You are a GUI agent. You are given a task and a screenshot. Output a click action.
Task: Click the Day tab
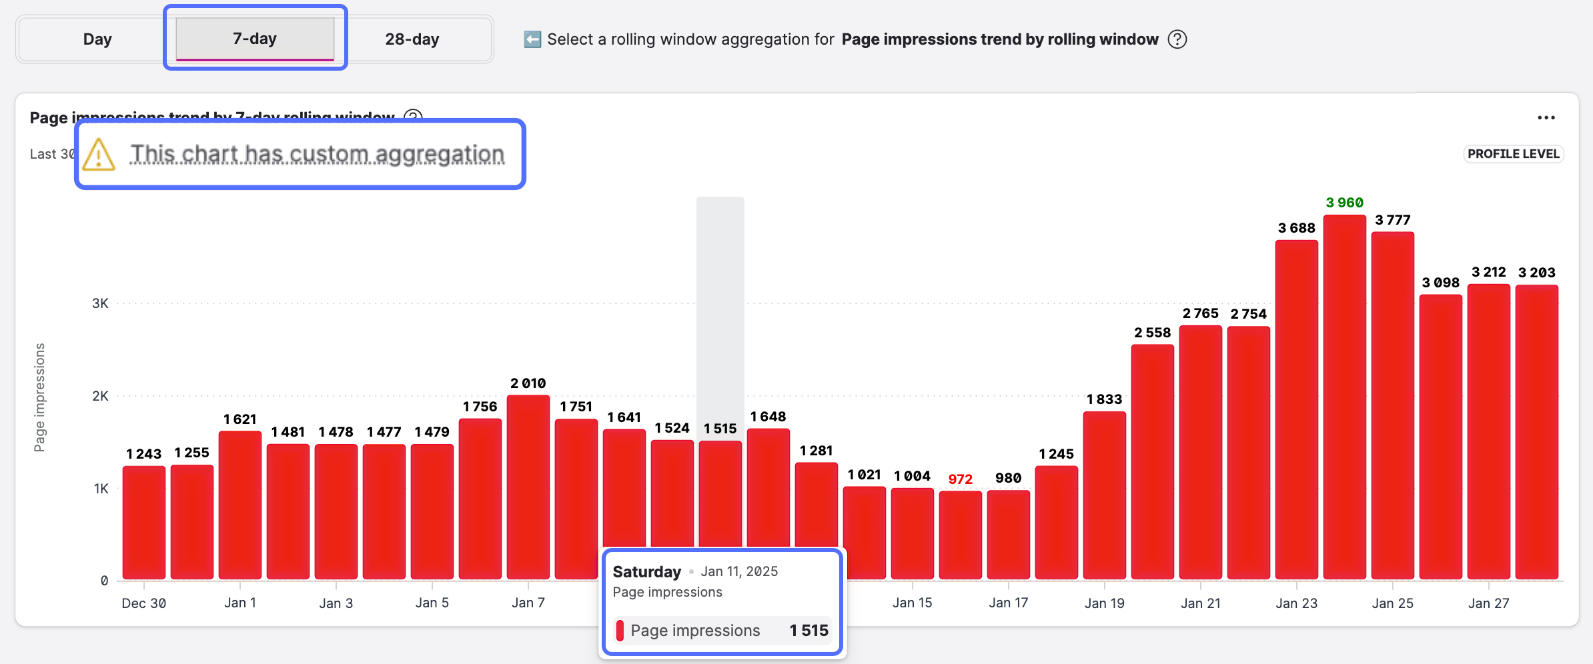point(97,39)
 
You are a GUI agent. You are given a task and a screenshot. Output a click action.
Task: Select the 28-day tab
point(412,39)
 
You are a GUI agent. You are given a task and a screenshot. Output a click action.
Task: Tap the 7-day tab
point(255,39)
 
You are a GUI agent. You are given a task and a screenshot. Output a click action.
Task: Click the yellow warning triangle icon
point(99,155)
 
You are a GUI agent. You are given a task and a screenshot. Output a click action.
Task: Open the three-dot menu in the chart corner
point(1546,118)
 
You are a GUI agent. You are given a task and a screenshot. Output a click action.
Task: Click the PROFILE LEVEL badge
point(1513,154)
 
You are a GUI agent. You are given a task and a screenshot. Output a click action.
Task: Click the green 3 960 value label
point(1344,203)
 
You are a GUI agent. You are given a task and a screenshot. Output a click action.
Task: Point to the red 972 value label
point(960,479)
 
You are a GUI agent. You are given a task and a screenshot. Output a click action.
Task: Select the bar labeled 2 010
point(528,487)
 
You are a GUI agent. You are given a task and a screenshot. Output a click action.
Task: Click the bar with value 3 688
point(1296,410)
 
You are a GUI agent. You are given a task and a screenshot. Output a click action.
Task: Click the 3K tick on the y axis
point(100,303)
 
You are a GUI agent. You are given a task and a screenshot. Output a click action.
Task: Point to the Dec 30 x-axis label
point(144,603)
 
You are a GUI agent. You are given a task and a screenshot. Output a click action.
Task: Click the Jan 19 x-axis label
point(1104,603)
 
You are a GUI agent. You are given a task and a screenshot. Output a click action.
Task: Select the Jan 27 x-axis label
point(1488,603)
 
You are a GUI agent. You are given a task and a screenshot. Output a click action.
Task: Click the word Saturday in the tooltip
point(646,572)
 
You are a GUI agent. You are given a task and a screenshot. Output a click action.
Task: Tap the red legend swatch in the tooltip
point(620,631)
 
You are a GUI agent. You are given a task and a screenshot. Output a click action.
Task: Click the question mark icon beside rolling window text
point(1177,39)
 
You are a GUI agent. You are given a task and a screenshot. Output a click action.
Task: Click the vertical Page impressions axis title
point(39,397)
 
